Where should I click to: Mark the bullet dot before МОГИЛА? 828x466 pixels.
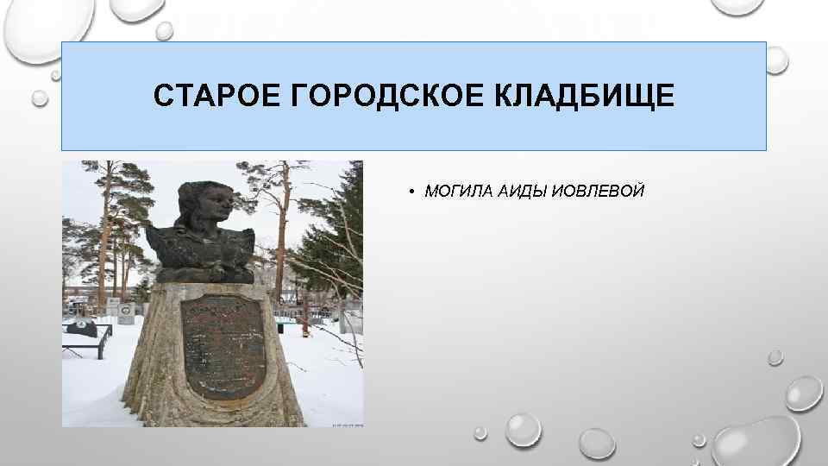[414, 191]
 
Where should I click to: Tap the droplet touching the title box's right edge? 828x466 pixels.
[775, 60]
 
